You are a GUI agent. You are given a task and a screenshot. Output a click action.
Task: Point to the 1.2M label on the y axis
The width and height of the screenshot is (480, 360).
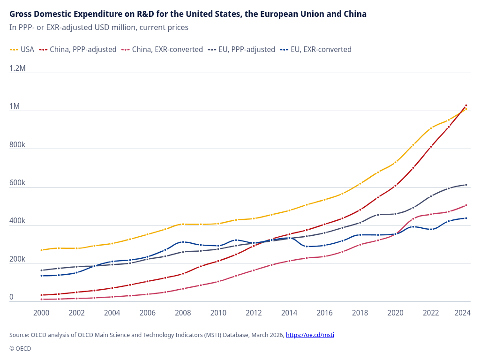17,68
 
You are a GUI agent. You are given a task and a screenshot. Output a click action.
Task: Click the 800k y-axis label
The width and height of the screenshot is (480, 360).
17,144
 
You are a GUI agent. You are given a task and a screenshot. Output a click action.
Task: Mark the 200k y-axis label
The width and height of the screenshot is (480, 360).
17,259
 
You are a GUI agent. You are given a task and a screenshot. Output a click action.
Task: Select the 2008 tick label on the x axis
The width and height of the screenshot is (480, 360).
183,313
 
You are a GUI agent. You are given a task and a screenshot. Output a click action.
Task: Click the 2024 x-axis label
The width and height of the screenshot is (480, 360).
463,313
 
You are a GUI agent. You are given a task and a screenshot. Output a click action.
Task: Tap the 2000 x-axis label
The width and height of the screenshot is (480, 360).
41,313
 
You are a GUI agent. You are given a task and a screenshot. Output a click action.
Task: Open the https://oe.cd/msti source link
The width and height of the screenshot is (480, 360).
310,335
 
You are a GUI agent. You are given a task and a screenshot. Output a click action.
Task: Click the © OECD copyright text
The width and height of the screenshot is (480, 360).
20,348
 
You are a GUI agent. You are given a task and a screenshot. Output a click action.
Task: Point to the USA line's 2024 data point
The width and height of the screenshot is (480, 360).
466,109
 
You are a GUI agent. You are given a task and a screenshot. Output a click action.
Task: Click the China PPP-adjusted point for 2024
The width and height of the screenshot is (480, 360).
466,105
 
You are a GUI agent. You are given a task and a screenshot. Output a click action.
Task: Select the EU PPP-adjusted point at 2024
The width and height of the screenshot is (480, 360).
466,185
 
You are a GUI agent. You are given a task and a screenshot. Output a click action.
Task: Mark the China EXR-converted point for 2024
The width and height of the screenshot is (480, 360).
466,205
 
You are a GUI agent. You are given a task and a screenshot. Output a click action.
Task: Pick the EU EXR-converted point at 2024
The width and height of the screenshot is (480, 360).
466,218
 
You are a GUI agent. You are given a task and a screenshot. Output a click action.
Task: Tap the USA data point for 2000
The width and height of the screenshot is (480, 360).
41,250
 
